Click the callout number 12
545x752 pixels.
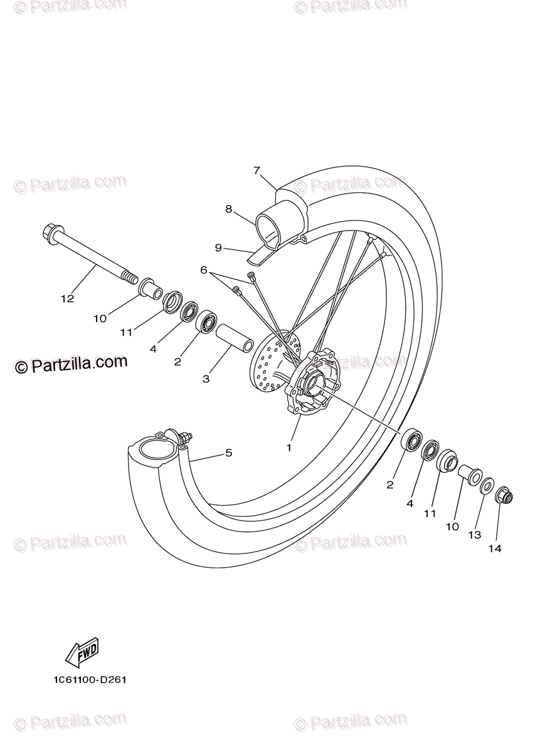(x=67, y=298)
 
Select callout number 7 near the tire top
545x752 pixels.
(x=257, y=170)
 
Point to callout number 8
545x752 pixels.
(x=229, y=209)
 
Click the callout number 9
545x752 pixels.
(x=218, y=248)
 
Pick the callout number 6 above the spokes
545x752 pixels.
(x=203, y=270)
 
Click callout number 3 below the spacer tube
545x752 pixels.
(x=206, y=379)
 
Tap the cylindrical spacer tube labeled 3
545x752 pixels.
(x=235, y=338)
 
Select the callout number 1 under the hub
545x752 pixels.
(x=289, y=447)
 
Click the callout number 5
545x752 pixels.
(x=229, y=452)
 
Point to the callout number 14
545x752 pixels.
(x=495, y=548)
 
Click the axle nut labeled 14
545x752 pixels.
(x=504, y=497)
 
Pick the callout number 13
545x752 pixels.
(x=475, y=535)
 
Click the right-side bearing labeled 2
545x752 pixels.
(x=411, y=440)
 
